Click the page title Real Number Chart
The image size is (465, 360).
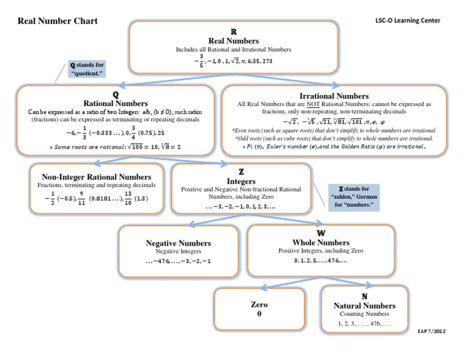point(58,21)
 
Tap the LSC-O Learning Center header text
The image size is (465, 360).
point(407,20)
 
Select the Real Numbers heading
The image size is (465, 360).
point(233,40)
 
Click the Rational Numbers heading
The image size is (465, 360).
point(115,104)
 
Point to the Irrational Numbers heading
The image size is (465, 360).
point(334,96)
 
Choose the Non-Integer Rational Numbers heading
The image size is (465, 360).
point(96,176)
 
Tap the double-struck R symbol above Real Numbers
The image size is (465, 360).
point(234,31)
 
